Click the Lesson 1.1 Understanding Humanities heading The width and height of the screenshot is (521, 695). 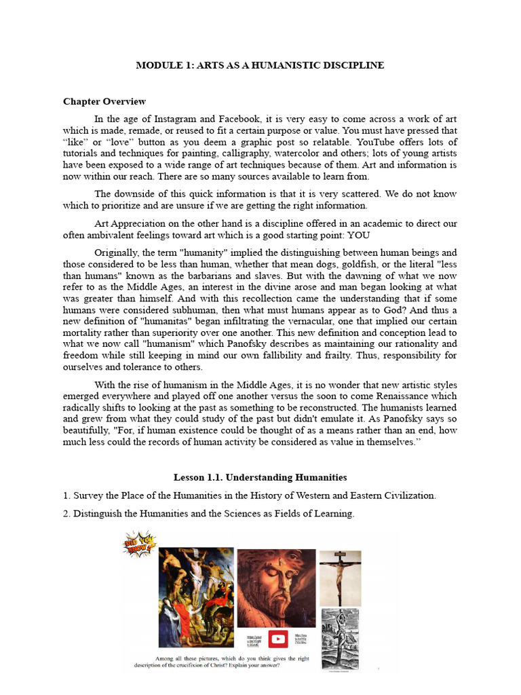pos(260,478)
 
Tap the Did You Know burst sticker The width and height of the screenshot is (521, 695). pos(139,544)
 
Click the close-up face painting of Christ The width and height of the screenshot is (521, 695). pos(276,587)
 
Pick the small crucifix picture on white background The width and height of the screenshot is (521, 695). pos(340,577)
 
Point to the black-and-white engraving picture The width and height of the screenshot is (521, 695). pos(340,638)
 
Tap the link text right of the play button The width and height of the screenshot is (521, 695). pos(302,640)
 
